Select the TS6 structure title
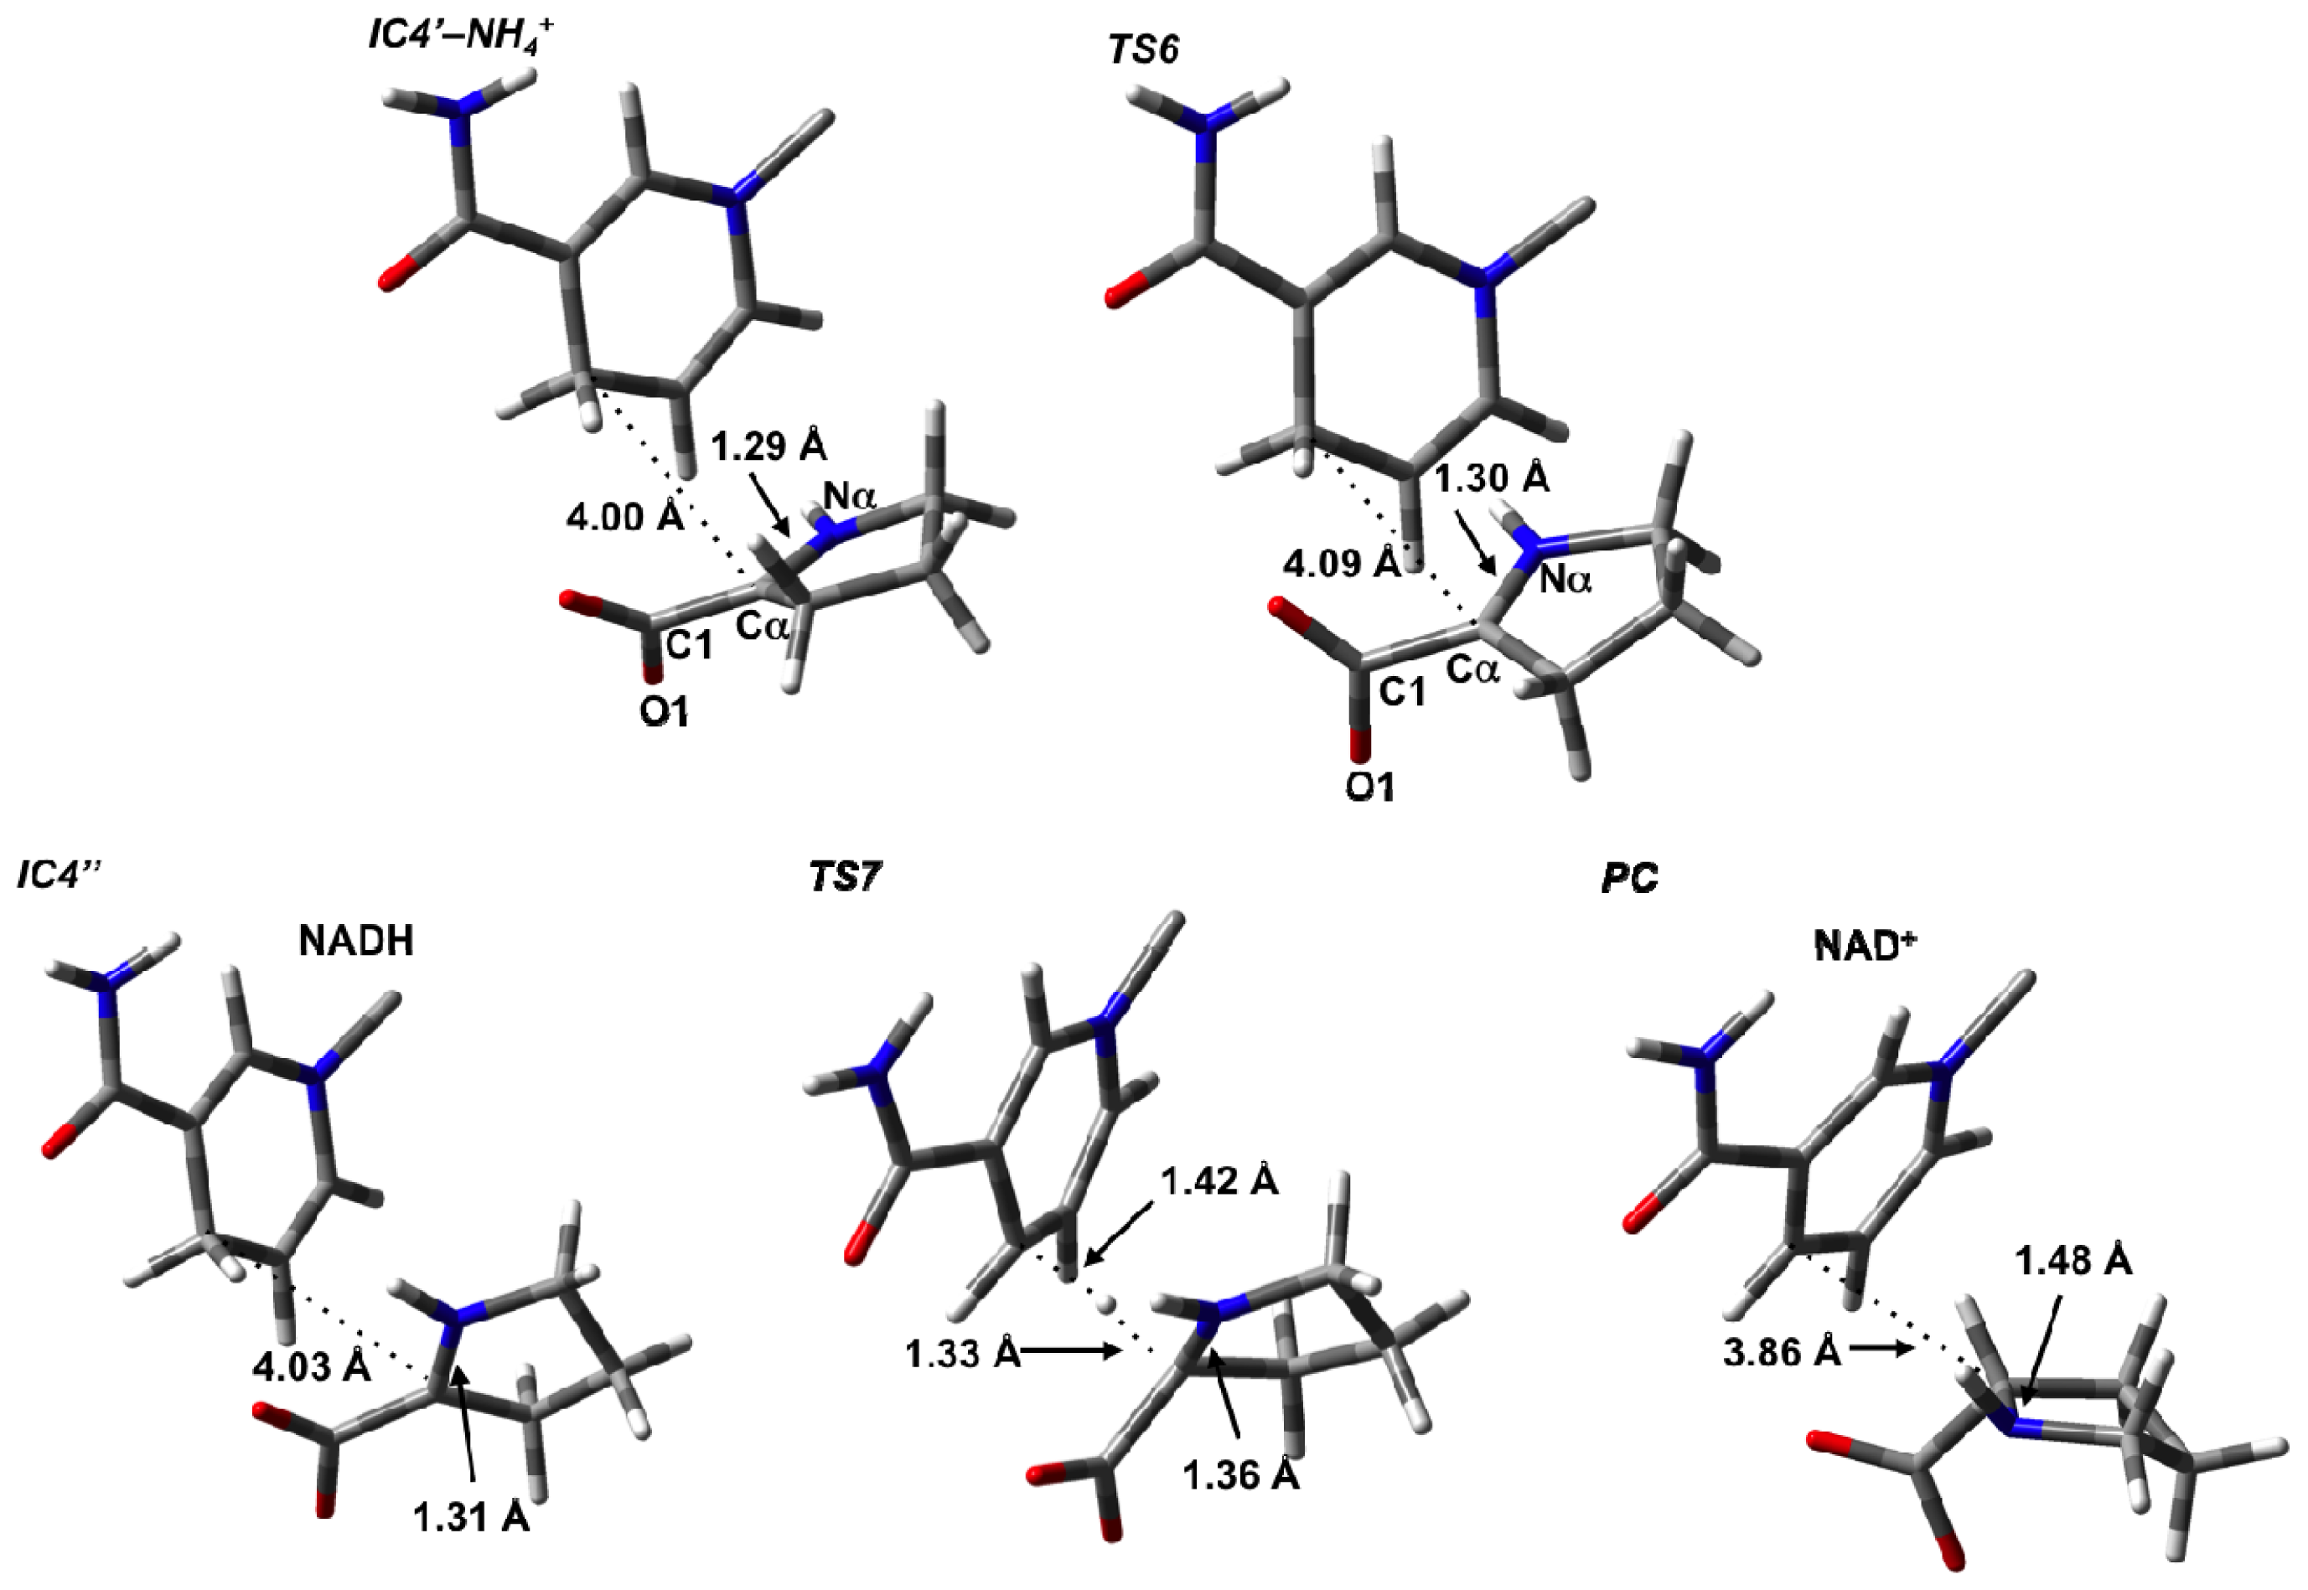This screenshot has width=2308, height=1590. (1144, 49)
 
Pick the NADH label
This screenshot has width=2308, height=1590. (356, 941)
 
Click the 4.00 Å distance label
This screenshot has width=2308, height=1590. (624, 517)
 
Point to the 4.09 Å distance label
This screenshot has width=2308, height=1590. (1342, 564)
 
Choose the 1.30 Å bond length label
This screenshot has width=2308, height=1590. (1492, 479)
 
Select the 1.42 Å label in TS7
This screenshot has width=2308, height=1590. (1219, 1180)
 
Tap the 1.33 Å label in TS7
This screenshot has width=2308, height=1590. (963, 1354)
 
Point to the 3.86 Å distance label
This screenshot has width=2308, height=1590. (1782, 1352)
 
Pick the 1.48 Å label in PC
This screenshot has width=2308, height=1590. (2073, 1262)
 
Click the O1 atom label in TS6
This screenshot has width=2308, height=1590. (1370, 786)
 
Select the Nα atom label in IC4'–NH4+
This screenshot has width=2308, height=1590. (849, 495)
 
